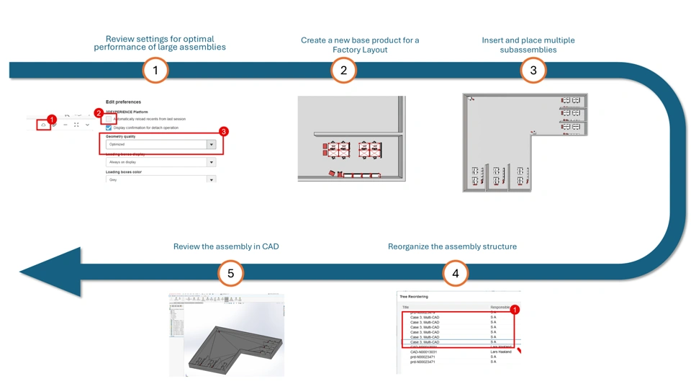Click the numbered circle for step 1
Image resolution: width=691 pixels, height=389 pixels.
(155, 70)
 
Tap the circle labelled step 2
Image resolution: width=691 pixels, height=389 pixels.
(343, 70)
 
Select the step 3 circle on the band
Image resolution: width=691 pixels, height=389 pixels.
(533, 70)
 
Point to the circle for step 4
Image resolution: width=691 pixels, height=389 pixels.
(455, 274)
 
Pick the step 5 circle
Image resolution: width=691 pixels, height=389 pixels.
(230, 274)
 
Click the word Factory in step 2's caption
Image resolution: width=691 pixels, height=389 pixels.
(350, 50)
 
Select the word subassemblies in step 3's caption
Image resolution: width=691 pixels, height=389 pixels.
(528, 50)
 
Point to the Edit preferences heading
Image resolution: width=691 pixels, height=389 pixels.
(123, 102)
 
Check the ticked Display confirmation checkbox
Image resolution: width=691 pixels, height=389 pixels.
(109, 128)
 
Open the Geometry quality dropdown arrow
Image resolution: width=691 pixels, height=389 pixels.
(211, 145)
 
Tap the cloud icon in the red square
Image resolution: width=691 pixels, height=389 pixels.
(44, 125)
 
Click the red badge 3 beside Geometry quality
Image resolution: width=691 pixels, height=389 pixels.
(223, 132)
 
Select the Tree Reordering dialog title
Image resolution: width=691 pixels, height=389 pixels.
(414, 297)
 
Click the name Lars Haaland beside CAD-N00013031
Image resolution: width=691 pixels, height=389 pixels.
(501, 352)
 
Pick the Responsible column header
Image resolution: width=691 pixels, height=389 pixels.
(500, 307)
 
